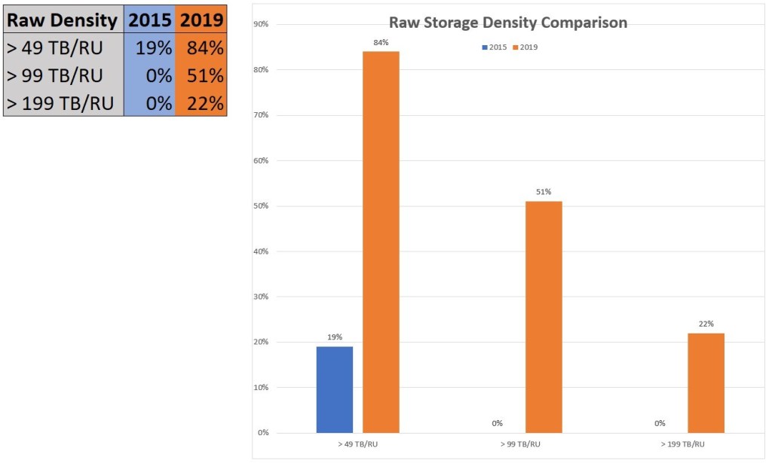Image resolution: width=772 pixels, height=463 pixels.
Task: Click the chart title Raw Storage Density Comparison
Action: click(507, 23)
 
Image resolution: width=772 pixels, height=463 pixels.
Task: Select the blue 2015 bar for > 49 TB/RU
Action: click(335, 389)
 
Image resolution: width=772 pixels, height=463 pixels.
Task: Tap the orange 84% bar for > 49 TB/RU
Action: click(381, 242)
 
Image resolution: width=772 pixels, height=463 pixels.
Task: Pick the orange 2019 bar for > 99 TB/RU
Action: click(544, 317)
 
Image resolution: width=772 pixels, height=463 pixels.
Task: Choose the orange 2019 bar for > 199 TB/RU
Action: click(706, 382)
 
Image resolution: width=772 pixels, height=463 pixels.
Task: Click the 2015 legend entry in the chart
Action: click(495, 47)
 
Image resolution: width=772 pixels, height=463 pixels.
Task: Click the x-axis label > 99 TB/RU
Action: click(519, 445)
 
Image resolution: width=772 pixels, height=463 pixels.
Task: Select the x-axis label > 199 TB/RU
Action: click(682, 445)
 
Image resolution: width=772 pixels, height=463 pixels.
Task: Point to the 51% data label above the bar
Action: click(544, 192)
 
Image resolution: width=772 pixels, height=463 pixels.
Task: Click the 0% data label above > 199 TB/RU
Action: click(660, 423)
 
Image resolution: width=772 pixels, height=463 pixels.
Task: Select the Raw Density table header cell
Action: click(63, 20)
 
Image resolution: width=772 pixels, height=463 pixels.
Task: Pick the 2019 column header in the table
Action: click(201, 20)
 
